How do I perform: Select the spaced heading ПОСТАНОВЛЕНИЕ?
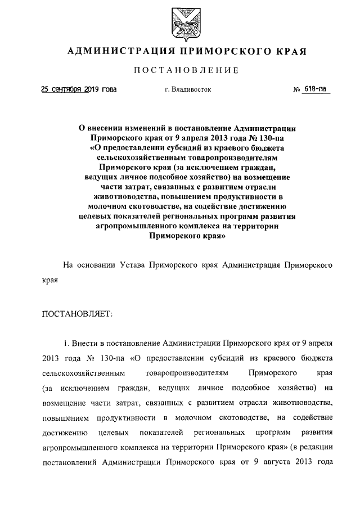[186, 70]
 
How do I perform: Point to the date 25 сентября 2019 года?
[79, 89]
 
